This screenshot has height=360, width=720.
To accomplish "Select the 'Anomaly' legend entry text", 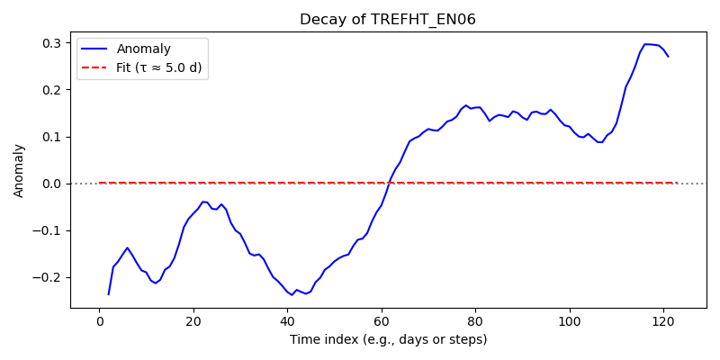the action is click(144, 49).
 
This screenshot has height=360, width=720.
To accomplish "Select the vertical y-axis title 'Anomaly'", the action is click(19, 172).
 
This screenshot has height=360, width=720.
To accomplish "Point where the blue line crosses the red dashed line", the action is click(389, 183).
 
